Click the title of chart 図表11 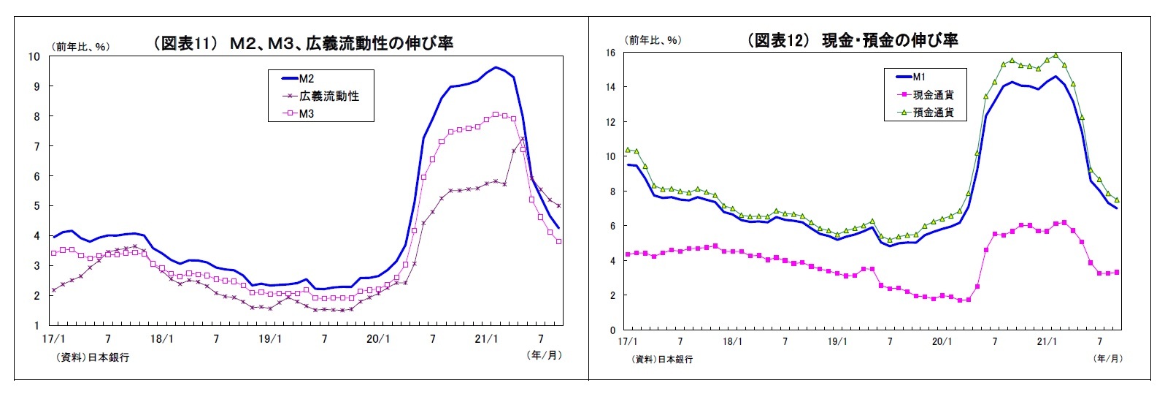pos(302,44)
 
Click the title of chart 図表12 pos(851,40)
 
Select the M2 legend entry pos(307,78)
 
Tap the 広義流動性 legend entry pos(328,96)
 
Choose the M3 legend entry pos(307,114)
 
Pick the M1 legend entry pos(919,77)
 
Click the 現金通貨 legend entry pos(933,95)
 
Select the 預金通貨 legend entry pos(933,113)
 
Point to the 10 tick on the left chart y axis pos(34,56)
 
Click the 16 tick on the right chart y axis pos(610,53)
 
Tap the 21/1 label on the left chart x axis pos(486,339)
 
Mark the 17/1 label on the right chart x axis pos(628,341)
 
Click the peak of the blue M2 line pos(496,67)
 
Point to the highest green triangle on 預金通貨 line pos(1056,55)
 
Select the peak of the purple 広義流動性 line pos(523,138)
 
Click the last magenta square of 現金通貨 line pos(1117,272)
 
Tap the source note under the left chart pos(92,357)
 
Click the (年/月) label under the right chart pos(1108,358)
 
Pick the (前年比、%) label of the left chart pos(80,47)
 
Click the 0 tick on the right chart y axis pos(613,330)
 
